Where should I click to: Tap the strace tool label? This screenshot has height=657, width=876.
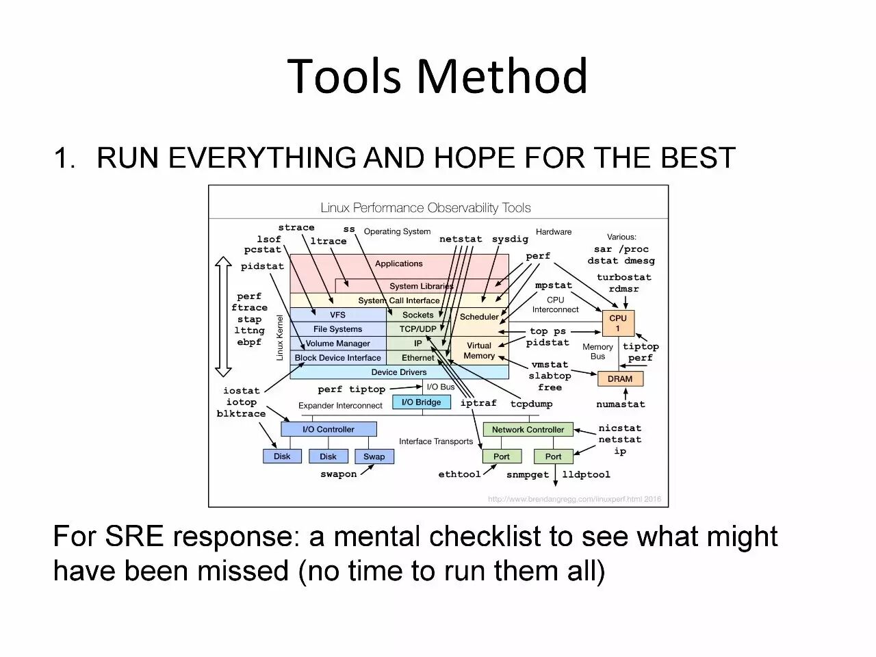click(x=296, y=228)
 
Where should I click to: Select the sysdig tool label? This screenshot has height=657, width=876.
click(x=510, y=239)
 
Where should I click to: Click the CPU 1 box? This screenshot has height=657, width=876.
click(x=618, y=323)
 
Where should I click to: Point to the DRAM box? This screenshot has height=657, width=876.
click(x=620, y=378)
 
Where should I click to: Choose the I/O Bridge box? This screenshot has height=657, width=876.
click(x=422, y=402)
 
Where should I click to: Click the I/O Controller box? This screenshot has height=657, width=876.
click(x=328, y=429)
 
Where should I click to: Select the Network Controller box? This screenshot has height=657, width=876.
click(x=528, y=430)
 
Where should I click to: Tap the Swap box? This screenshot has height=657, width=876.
click(x=374, y=456)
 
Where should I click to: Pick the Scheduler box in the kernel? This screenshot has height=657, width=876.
click(x=479, y=317)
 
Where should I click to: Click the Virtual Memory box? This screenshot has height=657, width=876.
click(x=479, y=350)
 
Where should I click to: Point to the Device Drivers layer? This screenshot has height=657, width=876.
click(x=399, y=372)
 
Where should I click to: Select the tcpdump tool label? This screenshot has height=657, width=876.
click(x=531, y=404)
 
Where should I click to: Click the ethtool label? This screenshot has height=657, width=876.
click(x=459, y=474)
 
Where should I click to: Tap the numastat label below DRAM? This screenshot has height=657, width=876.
click(x=621, y=404)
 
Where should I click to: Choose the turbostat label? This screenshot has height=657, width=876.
click(x=623, y=277)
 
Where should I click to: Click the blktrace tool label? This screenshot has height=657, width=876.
click(x=241, y=414)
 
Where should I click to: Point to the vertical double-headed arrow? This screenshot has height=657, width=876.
click(x=223, y=317)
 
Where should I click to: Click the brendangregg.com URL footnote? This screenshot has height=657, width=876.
click(x=574, y=499)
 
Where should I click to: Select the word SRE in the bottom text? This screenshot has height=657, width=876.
click(x=135, y=537)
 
